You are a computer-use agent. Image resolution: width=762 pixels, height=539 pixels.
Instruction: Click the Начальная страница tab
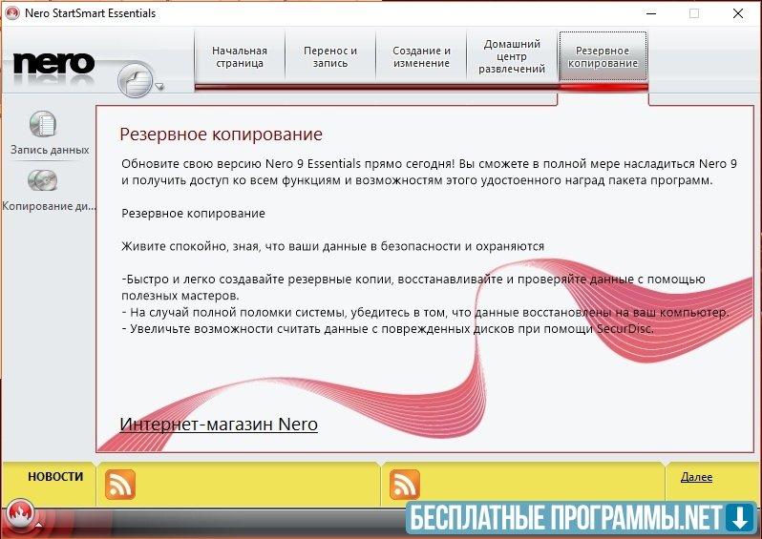click(240, 57)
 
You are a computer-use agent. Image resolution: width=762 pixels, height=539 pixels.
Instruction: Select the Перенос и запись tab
click(330, 57)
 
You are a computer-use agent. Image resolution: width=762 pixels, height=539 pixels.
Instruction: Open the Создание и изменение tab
click(421, 57)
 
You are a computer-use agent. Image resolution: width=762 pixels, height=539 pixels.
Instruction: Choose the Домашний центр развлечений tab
click(512, 57)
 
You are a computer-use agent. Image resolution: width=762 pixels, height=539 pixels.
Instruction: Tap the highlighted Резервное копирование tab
click(603, 57)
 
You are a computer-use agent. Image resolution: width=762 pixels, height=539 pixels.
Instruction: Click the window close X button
click(738, 13)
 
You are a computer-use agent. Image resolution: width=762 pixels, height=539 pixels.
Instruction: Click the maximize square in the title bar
click(694, 13)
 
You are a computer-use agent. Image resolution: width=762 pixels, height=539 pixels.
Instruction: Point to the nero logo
click(53, 64)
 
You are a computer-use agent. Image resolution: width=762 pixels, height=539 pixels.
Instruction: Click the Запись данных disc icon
click(43, 124)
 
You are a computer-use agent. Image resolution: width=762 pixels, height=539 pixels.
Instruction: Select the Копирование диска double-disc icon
click(43, 180)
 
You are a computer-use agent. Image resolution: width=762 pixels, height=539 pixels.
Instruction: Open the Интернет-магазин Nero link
click(219, 424)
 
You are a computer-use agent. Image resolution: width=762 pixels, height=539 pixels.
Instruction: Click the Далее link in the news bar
click(696, 477)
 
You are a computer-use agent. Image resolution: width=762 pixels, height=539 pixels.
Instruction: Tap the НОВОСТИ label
click(55, 476)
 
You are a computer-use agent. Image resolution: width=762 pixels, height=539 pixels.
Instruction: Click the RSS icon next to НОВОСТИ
click(120, 485)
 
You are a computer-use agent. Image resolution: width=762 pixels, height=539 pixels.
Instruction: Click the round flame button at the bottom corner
click(20, 513)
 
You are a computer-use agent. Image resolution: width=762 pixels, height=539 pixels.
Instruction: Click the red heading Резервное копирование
click(222, 134)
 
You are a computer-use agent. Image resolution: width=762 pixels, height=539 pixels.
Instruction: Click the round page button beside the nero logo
click(135, 80)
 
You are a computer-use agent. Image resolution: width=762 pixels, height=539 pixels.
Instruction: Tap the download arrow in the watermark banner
click(740, 518)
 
